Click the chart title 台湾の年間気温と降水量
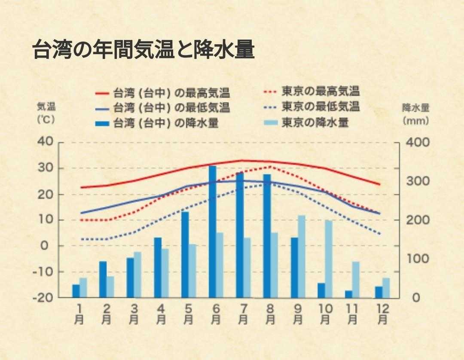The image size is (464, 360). pos(143,50)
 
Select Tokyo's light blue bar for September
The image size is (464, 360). pos(302,256)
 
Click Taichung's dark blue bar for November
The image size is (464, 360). pos(348,294)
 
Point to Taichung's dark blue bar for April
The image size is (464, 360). pos(158,267)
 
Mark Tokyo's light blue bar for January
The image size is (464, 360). pos(83,287)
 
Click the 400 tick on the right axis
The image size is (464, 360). pos(417,142)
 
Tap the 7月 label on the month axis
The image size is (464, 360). pos(243,314)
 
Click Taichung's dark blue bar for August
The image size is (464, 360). pos(267,235)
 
